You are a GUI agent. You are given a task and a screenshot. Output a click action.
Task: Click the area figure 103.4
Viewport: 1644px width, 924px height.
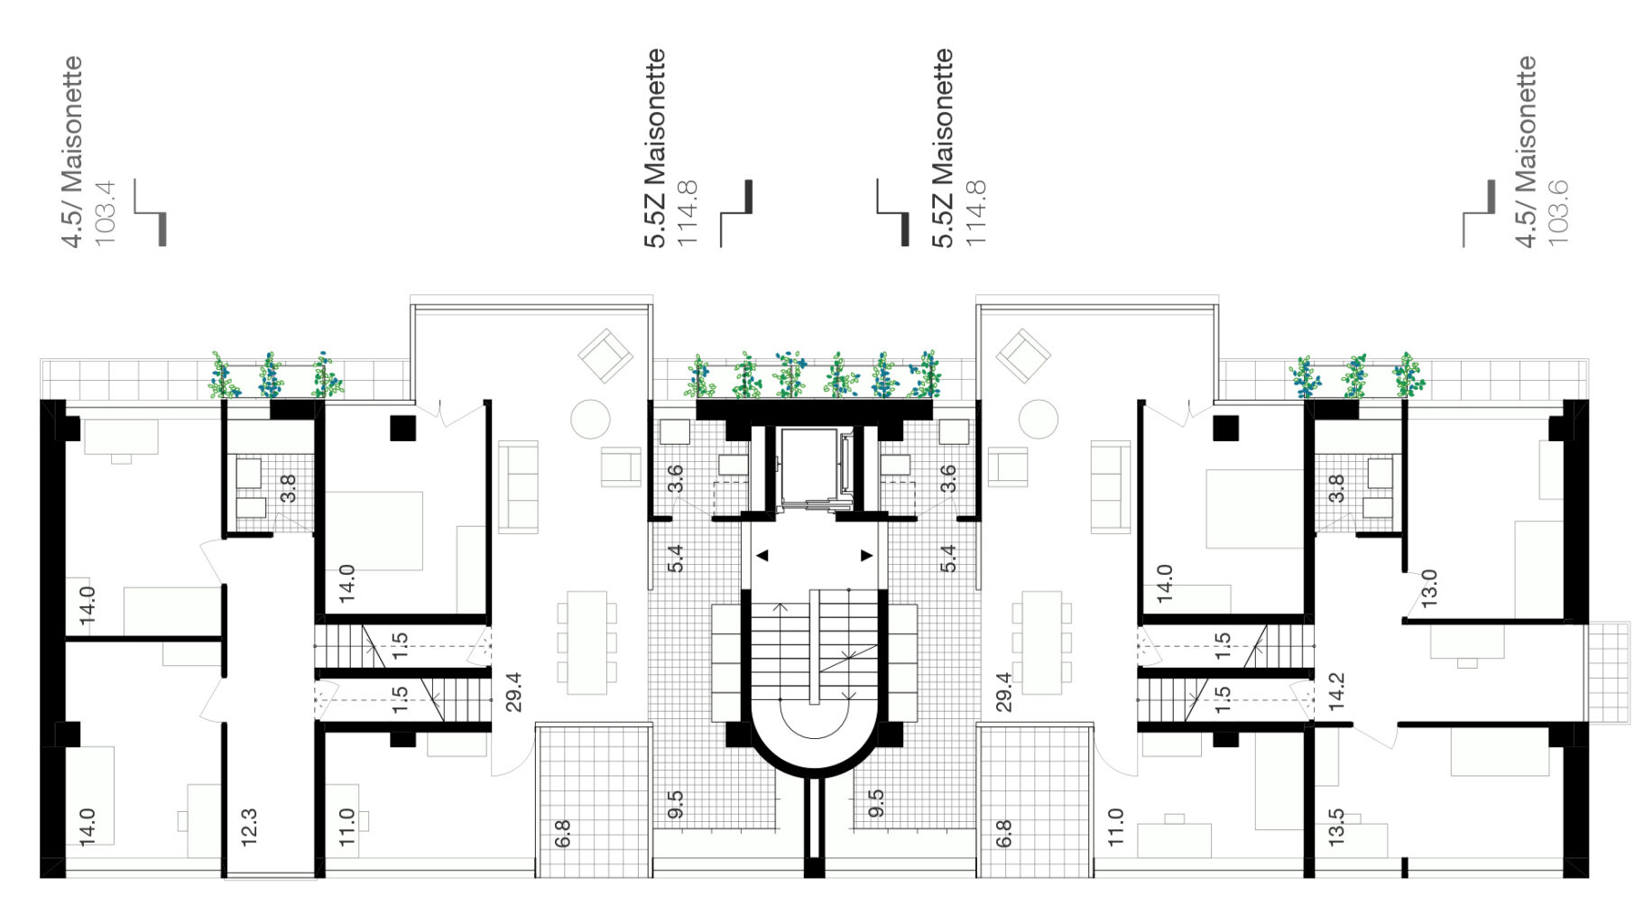point(105,213)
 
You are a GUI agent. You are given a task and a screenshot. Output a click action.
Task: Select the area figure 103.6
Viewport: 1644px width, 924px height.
point(1557,213)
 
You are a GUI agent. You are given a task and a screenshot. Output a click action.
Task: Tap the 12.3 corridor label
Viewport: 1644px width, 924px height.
point(249,826)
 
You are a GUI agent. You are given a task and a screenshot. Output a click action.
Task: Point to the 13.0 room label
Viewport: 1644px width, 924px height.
point(1429,588)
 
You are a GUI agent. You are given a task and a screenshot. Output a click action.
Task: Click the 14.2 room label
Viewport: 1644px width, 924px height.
point(1336,691)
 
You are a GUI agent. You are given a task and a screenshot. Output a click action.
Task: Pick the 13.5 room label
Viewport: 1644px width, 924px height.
point(1336,827)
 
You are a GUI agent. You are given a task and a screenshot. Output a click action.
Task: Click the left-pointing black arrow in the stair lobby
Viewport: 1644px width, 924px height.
point(762,556)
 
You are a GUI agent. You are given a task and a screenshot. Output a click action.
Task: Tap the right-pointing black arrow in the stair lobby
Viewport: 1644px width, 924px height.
point(866,556)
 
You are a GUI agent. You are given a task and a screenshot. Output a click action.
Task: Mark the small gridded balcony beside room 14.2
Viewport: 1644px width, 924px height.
point(1608,672)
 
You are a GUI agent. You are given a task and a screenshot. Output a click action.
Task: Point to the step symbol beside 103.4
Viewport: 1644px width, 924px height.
point(150,213)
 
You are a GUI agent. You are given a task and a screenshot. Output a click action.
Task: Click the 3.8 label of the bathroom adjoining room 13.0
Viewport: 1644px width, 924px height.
point(1337,488)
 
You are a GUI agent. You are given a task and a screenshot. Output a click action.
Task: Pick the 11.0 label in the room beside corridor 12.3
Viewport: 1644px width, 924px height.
point(347,827)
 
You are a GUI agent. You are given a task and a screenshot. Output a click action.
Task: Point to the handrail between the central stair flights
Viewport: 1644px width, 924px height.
point(815,646)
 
